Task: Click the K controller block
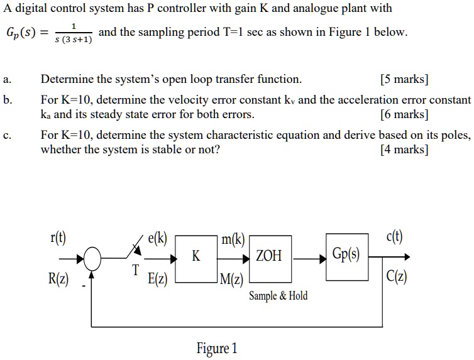[196, 257]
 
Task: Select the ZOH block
[270, 257]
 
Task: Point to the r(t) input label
[58, 237]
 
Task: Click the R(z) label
[58, 278]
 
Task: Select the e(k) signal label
[157, 238]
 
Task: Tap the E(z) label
[157, 280]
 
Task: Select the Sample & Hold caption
[278, 296]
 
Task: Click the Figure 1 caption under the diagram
[217, 347]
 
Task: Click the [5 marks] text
[405, 79]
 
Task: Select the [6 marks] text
[405, 114]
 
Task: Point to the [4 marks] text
[405, 150]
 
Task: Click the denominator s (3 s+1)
[74, 40]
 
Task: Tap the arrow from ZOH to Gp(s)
[309, 257]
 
